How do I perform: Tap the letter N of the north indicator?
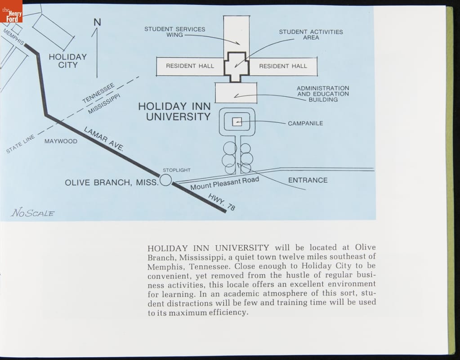click(97, 22)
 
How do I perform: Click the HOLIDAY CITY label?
click(67, 61)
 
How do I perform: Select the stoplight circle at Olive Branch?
click(166, 180)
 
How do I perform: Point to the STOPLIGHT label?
click(176, 170)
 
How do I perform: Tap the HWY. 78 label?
click(222, 202)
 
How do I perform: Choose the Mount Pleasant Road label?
click(224, 183)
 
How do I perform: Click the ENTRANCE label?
click(308, 180)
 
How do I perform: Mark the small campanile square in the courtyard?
click(237, 121)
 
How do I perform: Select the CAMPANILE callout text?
click(305, 123)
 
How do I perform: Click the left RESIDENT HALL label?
click(190, 66)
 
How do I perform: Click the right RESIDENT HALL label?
click(283, 66)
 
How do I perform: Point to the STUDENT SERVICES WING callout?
click(174, 32)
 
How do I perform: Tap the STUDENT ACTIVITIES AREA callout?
click(311, 35)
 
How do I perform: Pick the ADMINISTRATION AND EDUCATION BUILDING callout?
click(323, 94)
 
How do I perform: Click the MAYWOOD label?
click(61, 141)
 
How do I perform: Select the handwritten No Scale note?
click(33, 213)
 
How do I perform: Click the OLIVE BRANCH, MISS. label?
click(112, 183)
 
